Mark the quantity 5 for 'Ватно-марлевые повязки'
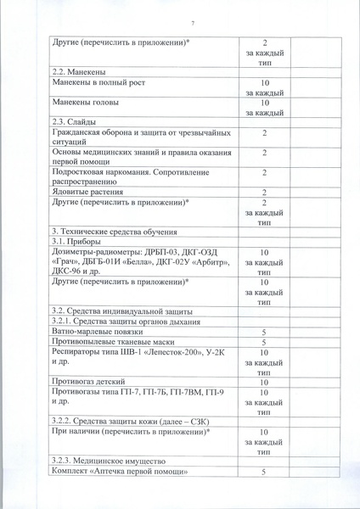pos(264,333)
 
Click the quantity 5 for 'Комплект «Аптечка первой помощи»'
pos(264,471)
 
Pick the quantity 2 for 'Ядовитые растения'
pos(264,193)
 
